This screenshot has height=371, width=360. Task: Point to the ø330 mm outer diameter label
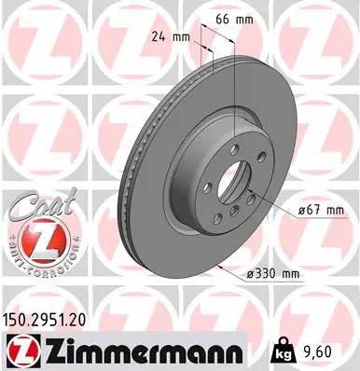(271, 273)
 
